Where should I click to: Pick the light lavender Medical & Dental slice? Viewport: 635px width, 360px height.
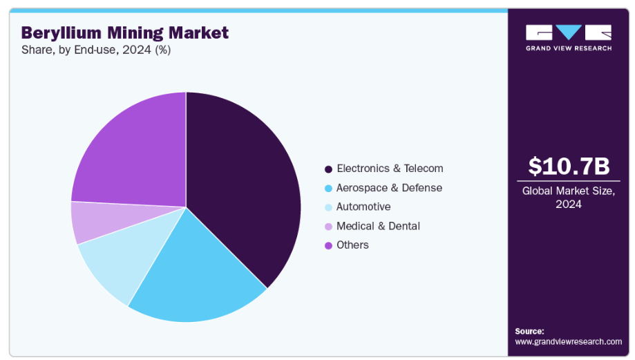(x=90, y=222)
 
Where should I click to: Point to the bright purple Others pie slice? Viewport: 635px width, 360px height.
(x=131, y=152)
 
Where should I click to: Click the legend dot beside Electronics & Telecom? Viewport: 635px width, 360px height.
(x=328, y=169)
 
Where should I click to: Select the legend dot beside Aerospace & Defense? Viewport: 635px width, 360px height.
(x=328, y=188)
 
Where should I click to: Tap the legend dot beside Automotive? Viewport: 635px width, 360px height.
(x=328, y=207)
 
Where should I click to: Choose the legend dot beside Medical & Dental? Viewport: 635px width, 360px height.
(x=328, y=227)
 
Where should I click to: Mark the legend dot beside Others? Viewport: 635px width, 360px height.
(x=328, y=245)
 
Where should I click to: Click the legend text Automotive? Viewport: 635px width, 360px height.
(x=363, y=207)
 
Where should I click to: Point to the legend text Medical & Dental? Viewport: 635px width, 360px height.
(x=378, y=226)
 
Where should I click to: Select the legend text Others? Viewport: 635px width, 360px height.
(x=352, y=245)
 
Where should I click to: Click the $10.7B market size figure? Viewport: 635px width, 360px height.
(x=569, y=167)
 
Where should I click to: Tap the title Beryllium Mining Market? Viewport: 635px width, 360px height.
(x=124, y=32)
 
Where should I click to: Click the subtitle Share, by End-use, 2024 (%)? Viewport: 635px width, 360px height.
(x=96, y=50)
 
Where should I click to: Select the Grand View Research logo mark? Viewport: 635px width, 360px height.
(x=568, y=32)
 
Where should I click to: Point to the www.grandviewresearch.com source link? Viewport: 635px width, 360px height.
(x=568, y=341)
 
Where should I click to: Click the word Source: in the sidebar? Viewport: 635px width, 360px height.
(x=529, y=331)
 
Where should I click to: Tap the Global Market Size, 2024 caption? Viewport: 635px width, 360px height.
(x=568, y=198)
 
